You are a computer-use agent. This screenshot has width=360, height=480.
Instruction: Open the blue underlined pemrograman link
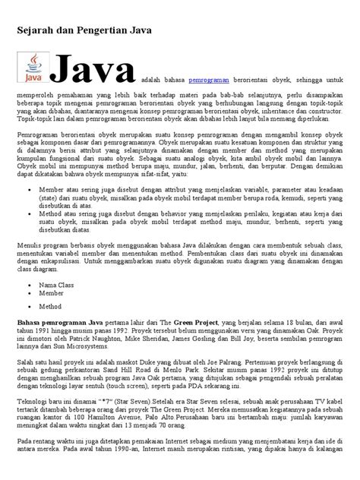coord(210,78)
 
